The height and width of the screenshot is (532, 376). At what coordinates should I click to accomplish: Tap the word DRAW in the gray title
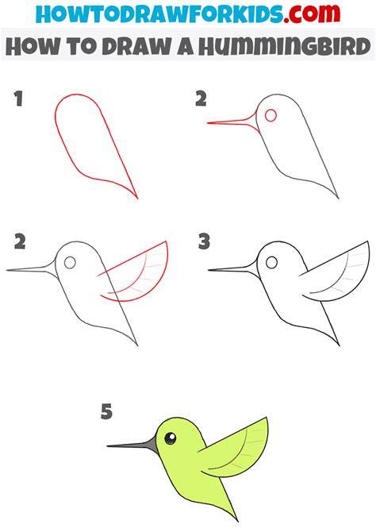click(136, 47)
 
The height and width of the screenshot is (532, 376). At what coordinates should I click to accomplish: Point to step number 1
click(18, 98)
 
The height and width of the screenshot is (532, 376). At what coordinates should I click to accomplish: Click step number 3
click(204, 242)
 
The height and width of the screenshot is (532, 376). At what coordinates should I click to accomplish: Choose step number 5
click(106, 411)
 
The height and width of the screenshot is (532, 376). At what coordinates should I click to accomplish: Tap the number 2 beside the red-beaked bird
click(201, 98)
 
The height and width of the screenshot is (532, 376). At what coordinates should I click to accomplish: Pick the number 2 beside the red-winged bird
click(20, 242)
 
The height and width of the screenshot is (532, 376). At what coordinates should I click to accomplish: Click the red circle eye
click(270, 115)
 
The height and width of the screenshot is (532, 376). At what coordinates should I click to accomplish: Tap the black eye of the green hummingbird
click(171, 438)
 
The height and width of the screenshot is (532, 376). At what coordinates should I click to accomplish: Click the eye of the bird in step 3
click(271, 262)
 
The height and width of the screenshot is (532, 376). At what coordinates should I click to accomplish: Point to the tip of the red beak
click(208, 123)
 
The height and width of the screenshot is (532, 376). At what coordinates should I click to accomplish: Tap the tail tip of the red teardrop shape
click(138, 199)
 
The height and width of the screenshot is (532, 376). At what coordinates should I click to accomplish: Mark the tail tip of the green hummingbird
click(238, 521)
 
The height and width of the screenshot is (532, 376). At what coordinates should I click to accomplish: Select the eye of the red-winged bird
click(70, 263)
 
